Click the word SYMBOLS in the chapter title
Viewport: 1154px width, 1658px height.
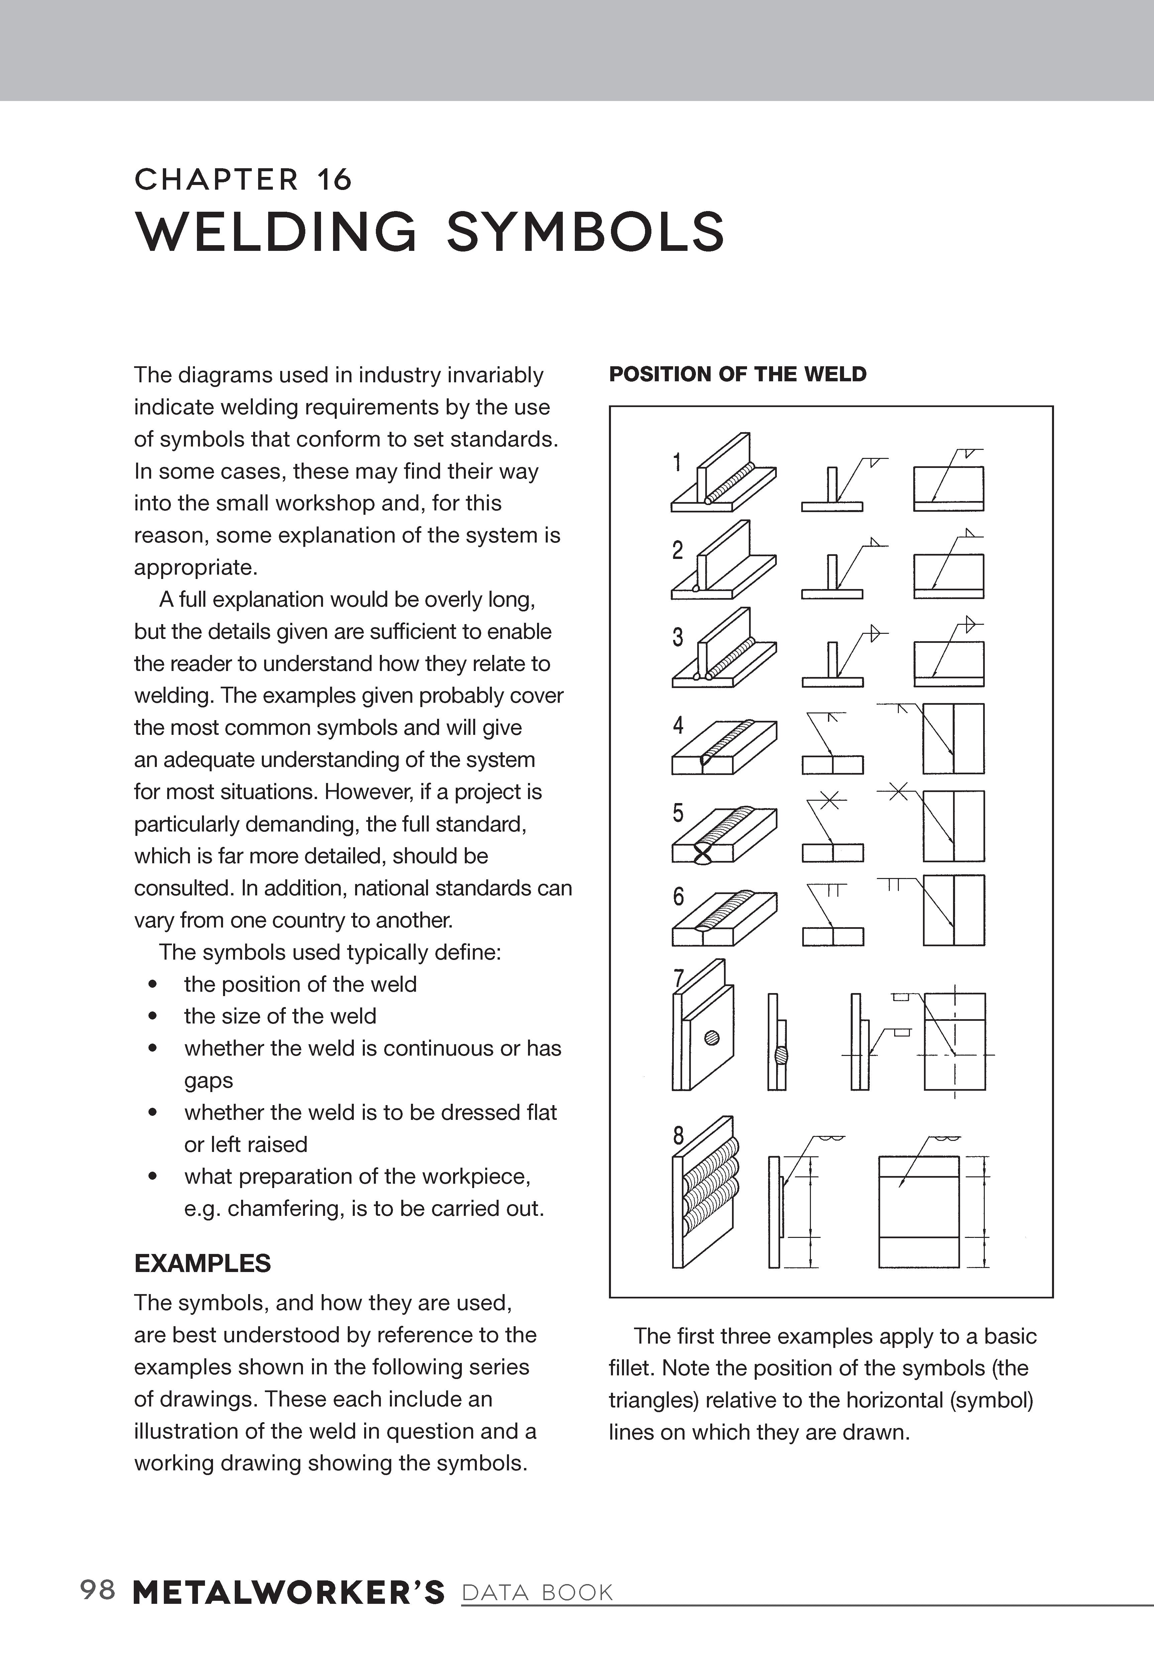click(585, 232)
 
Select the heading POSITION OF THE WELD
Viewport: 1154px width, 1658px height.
click(737, 374)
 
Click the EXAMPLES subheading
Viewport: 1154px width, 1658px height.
click(202, 1263)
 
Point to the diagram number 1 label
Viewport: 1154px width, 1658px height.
click(677, 462)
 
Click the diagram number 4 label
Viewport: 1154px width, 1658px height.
click(677, 725)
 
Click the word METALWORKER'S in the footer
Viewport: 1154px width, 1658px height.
click(289, 1592)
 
